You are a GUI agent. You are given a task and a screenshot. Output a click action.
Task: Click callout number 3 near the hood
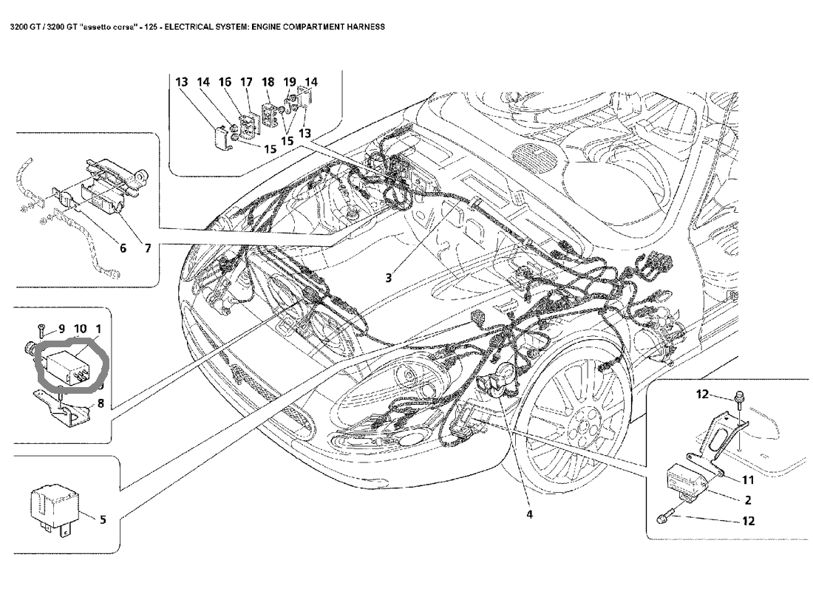tap(387, 278)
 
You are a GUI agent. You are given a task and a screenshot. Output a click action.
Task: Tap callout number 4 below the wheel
tap(528, 514)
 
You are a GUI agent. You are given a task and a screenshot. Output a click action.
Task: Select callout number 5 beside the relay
tap(103, 519)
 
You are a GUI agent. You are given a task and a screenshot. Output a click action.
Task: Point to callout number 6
tap(123, 249)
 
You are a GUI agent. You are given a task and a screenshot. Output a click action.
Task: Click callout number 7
tap(148, 249)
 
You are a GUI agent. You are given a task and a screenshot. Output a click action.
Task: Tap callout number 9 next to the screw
tap(61, 328)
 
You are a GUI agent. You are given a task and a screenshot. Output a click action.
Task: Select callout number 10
tap(81, 328)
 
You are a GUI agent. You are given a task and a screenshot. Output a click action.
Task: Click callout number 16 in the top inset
tap(225, 82)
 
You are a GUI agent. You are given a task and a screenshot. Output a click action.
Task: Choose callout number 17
tap(246, 82)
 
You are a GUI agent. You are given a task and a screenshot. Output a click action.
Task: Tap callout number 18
tap(268, 82)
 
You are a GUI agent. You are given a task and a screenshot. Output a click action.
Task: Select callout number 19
tap(290, 82)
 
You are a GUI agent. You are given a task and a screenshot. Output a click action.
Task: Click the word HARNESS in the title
tap(363, 26)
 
